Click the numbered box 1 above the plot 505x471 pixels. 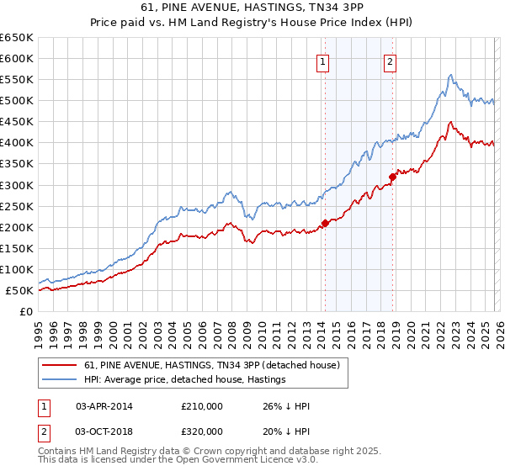324,61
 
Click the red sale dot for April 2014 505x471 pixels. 324,223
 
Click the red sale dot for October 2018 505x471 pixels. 392,177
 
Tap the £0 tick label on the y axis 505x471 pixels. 26,312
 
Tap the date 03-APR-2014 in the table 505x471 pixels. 104,406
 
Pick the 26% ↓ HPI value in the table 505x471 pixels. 286,406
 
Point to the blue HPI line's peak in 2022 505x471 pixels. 451,75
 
